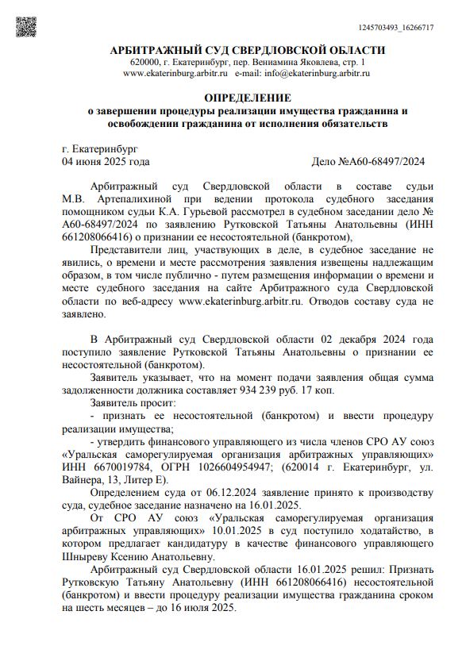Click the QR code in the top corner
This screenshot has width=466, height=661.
point(26,28)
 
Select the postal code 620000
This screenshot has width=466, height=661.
point(145,62)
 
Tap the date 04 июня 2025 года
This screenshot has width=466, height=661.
point(106,162)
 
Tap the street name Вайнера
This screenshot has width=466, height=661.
point(83,481)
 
